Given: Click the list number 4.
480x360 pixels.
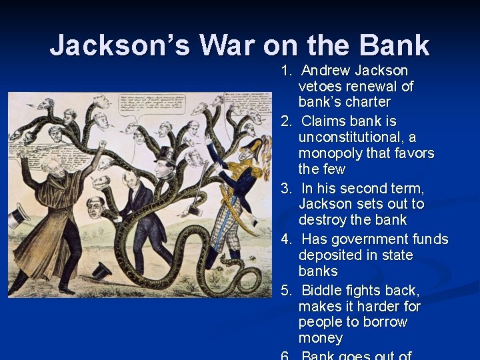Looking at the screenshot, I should (x=286, y=239).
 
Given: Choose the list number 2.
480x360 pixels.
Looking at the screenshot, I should (x=286, y=122).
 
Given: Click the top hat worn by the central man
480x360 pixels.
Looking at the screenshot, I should (x=164, y=155).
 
